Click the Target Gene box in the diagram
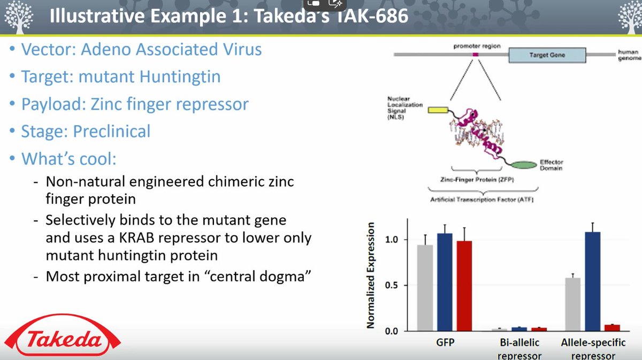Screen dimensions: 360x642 pos(547,55)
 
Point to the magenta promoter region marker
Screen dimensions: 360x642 pos(474,55)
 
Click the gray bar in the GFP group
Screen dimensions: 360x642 pos(425,288)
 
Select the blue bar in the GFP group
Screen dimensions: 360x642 pos(445,282)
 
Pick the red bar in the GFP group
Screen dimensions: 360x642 pos(464,286)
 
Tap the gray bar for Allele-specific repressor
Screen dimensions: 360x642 pos(573,304)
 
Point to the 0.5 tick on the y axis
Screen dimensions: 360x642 pos(392,285)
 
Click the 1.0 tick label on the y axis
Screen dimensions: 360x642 pos(392,239)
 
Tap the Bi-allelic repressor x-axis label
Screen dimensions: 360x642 pos(519,348)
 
